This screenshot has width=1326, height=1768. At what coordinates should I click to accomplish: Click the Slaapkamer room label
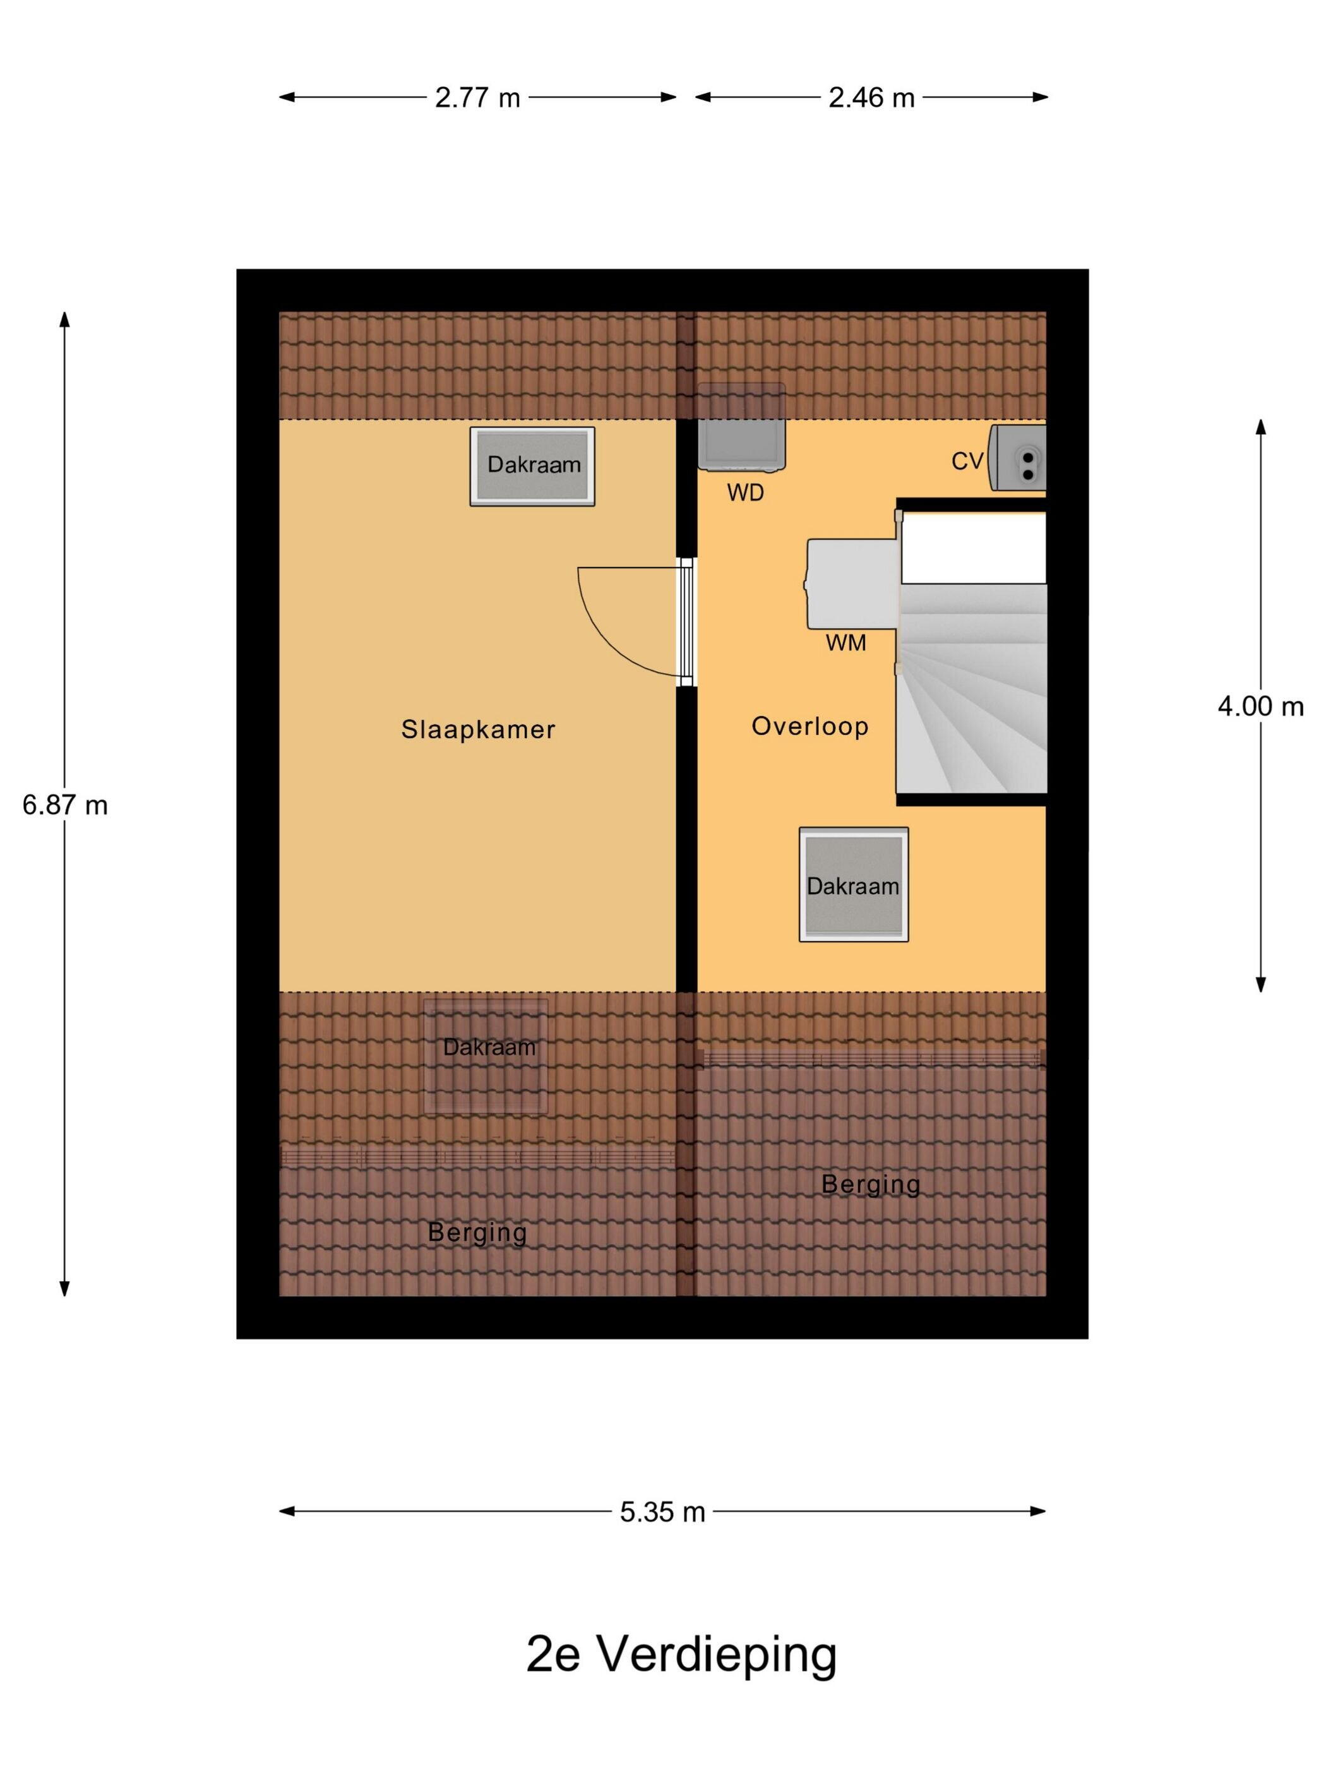(478, 729)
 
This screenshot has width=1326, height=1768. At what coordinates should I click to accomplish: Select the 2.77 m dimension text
(477, 97)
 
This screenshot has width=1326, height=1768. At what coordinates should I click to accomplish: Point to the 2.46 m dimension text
(871, 97)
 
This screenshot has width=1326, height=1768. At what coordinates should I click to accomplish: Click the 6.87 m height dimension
(65, 805)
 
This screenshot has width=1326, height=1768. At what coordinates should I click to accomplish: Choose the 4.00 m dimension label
(1260, 707)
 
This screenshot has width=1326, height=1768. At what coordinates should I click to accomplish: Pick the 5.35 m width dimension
(662, 1512)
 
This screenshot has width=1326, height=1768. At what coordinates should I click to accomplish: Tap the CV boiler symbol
(1017, 457)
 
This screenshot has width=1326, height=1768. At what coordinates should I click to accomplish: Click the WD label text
(745, 493)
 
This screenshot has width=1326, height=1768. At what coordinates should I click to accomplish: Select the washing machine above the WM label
(852, 583)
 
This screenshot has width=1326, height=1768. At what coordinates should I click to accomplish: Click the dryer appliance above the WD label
(741, 427)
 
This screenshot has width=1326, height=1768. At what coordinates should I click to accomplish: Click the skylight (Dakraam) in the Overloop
(854, 884)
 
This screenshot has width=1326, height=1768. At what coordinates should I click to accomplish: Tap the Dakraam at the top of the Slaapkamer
(532, 466)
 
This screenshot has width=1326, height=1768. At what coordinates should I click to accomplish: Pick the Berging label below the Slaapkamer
(477, 1233)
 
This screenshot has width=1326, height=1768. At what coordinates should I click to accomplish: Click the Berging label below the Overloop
(870, 1184)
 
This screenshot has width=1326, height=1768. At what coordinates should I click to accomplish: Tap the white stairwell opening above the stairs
(974, 548)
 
